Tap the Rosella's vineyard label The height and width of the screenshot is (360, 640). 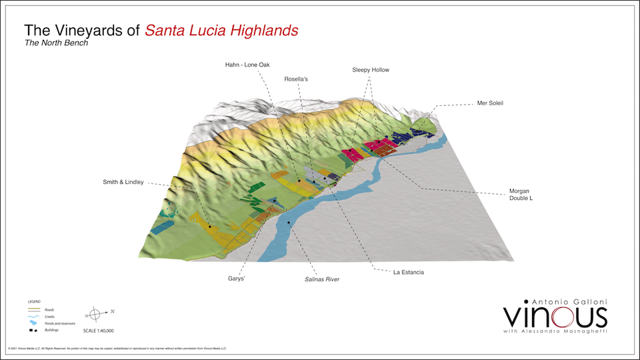[x=296, y=79]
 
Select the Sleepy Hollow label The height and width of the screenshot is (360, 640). [x=371, y=69]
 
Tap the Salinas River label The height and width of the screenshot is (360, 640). [x=318, y=279]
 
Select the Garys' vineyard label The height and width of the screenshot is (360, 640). [x=237, y=279]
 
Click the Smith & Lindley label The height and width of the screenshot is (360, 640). [x=123, y=182]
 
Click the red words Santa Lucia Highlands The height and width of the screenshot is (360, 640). [x=221, y=30]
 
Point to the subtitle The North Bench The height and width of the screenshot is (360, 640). [x=56, y=43]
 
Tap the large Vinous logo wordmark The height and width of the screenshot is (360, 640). [x=555, y=315]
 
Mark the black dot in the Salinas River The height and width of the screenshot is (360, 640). [x=288, y=222]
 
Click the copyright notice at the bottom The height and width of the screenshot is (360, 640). [x=117, y=348]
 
